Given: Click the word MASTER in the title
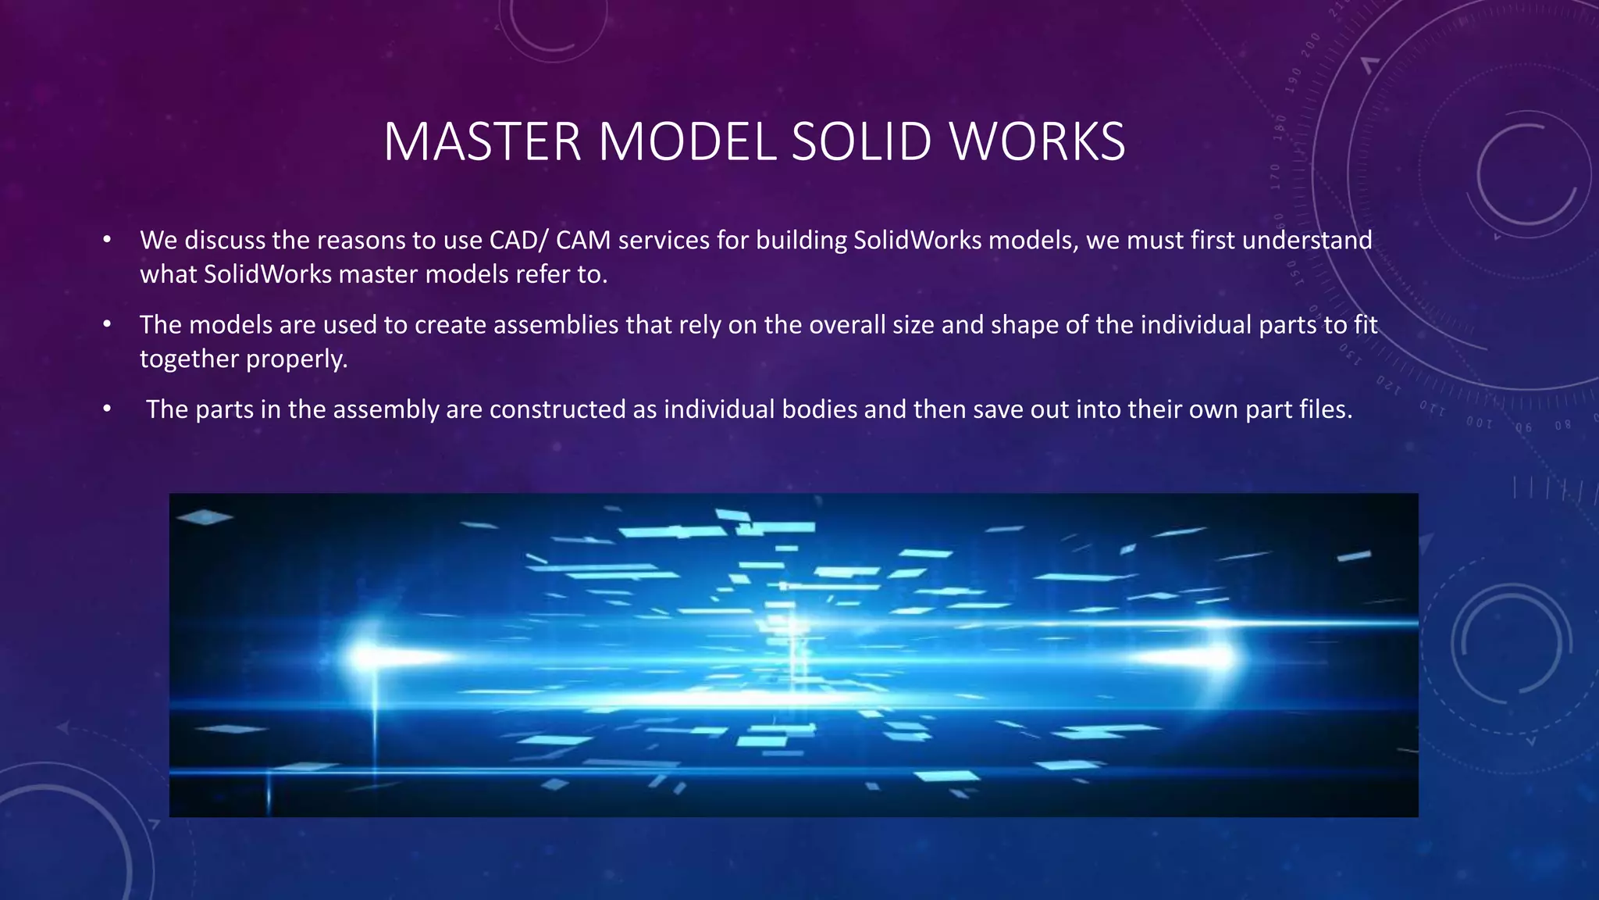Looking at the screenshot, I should (x=483, y=142).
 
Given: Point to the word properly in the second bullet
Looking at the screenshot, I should (x=296, y=359).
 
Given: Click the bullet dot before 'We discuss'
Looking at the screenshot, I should (x=107, y=239).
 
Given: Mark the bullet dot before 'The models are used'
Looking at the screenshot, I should (x=107, y=323).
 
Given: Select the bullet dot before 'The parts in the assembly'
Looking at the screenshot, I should (x=107, y=409).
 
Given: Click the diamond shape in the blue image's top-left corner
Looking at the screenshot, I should (x=204, y=516).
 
